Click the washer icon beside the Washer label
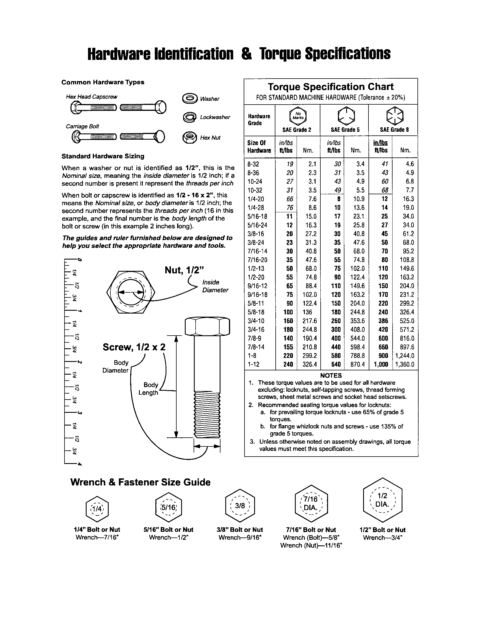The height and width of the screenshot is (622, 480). pyautogui.click(x=190, y=99)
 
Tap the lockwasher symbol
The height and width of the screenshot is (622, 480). pyautogui.click(x=190, y=117)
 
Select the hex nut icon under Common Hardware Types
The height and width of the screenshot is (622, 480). pyautogui.click(x=189, y=138)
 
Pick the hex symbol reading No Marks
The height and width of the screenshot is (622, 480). pyautogui.click(x=298, y=116)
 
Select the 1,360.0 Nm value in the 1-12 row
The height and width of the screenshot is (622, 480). pyautogui.click(x=405, y=364)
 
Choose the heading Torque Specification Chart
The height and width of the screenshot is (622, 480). pyautogui.click(x=331, y=87)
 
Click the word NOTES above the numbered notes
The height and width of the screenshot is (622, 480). pyautogui.click(x=331, y=375)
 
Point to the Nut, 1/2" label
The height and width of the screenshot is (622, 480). pyautogui.click(x=185, y=270)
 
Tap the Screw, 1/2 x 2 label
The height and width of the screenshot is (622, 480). pyautogui.click(x=134, y=347)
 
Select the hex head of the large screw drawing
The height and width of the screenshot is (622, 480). pyautogui.click(x=207, y=326)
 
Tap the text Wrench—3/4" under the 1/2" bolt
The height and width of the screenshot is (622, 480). pyautogui.click(x=383, y=537)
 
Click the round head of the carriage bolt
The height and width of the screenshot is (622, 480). pyautogui.click(x=160, y=137)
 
